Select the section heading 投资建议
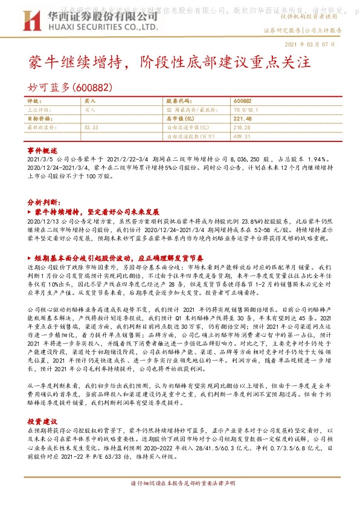click(42, 420)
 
